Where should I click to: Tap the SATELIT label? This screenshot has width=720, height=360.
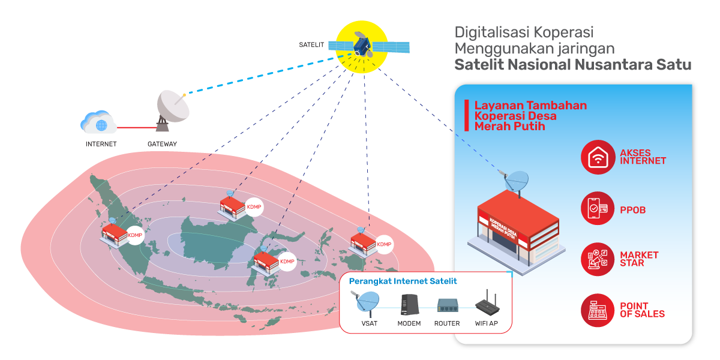pyautogui.click(x=311, y=45)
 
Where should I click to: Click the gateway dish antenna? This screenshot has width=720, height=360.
pyautogui.click(x=172, y=108)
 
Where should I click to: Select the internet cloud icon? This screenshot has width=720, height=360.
pyautogui.click(x=99, y=123)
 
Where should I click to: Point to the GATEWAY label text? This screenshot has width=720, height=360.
pyautogui.click(x=162, y=144)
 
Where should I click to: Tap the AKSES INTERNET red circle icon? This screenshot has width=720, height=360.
pyautogui.click(x=598, y=157)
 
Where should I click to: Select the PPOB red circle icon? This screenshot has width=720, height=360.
pyautogui.click(x=598, y=209)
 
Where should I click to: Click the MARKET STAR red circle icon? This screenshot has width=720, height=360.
pyautogui.click(x=598, y=259)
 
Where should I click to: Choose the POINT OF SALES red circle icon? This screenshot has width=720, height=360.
pyautogui.click(x=598, y=310)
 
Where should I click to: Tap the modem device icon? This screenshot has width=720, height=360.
pyautogui.click(x=409, y=305)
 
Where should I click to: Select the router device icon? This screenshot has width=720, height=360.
pyautogui.click(x=447, y=306)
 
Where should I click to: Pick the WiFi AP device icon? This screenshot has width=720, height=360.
pyautogui.click(x=486, y=305)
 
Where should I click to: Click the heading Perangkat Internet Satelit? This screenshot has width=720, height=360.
pyautogui.click(x=403, y=281)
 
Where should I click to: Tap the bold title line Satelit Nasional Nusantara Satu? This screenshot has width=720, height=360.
pyautogui.click(x=572, y=65)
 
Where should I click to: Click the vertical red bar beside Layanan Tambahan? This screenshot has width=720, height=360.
pyautogui.click(x=466, y=115)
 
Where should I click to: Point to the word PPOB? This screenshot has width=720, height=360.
pyautogui.click(x=632, y=210)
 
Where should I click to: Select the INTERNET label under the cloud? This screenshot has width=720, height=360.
pyautogui.click(x=101, y=144)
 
